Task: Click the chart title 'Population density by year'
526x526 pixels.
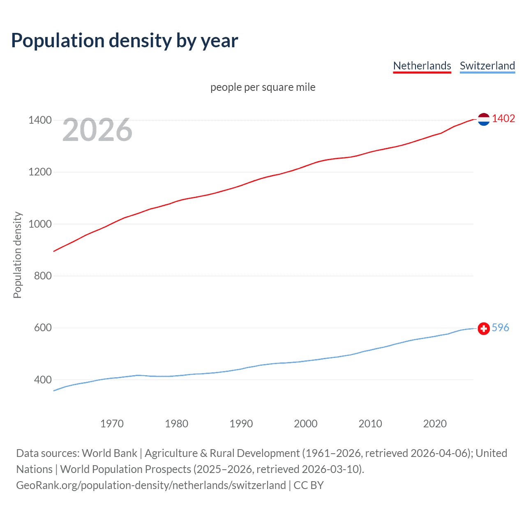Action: pyautogui.click(x=125, y=41)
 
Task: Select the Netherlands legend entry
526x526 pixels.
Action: pyautogui.click(x=422, y=66)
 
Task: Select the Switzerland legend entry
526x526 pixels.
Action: pyautogui.click(x=487, y=66)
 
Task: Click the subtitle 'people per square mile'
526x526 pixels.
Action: pyautogui.click(x=263, y=87)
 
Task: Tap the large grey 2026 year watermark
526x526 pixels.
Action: pyautogui.click(x=97, y=130)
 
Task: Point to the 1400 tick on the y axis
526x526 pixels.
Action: pyautogui.click(x=40, y=120)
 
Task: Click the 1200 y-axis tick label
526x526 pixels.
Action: pyautogui.click(x=40, y=172)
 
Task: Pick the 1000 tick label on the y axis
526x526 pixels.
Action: pyautogui.click(x=40, y=224)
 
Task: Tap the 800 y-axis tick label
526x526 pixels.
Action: pyautogui.click(x=43, y=276)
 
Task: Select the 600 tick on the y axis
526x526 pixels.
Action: pyautogui.click(x=43, y=328)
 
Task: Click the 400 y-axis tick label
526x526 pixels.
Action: pyautogui.click(x=43, y=380)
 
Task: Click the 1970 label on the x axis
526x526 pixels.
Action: pyautogui.click(x=112, y=424)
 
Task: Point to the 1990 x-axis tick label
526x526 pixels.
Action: pyautogui.click(x=241, y=424)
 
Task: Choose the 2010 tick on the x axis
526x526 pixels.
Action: pyautogui.click(x=370, y=424)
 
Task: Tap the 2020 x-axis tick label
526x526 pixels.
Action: pyautogui.click(x=435, y=424)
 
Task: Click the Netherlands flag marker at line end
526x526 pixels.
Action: pyautogui.click(x=484, y=119)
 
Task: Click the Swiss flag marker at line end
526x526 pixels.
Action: pyautogui.click(x=484, y=328)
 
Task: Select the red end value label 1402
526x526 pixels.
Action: pyautogui.click(x=503, y=118)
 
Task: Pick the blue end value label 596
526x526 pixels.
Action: pyautogui.click(x=500, y=328)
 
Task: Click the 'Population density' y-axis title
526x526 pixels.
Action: pyautogui.click(x=17, y=255)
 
